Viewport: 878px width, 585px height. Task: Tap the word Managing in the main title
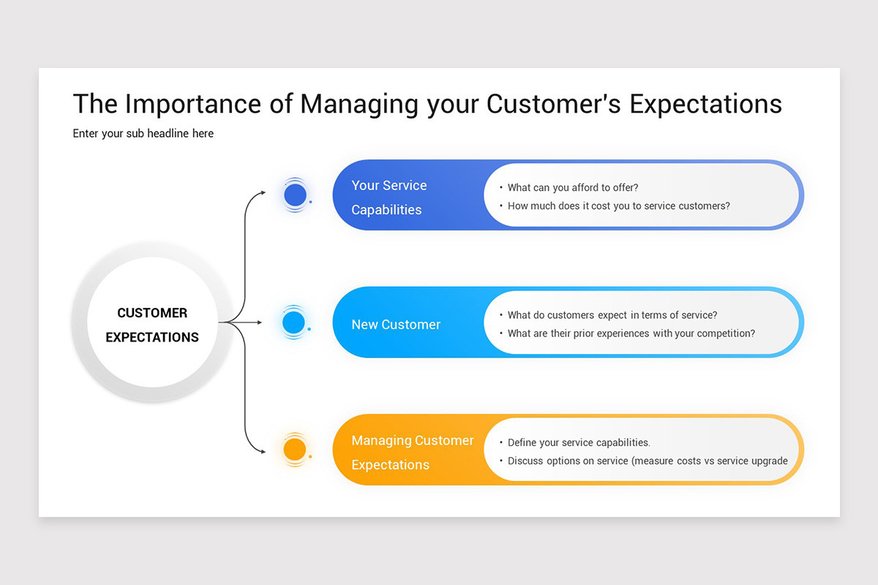(x=359, y=104)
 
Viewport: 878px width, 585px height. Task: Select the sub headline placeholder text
(x=143, y=134)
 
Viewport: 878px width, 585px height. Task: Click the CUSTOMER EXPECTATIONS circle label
(x=152, y=325)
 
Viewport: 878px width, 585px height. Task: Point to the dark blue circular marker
(x=295, y=195)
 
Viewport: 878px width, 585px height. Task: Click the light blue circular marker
(x=293, y=322)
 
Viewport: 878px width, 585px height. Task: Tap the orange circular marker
(x=294, y=449)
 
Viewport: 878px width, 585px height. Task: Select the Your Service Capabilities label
(x=388, y=197)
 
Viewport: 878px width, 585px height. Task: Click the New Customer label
(x=396, y=325)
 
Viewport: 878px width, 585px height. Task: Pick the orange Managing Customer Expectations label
(x=412, y=452)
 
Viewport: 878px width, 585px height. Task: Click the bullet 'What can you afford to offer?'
(x=573, y=188)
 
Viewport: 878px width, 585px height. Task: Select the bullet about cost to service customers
(x=618, y=206)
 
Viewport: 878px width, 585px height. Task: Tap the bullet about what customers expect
(x=612, y=315)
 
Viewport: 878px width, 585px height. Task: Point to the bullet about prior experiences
(x=631, y=333)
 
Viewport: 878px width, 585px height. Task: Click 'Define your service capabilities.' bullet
(x=578, y=442)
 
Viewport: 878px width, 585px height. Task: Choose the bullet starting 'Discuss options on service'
(x=647, y=461)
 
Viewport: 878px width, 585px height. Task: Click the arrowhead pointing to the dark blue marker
(x=263, y=193)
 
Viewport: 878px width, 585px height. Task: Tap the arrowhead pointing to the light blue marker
(x=258, y=322)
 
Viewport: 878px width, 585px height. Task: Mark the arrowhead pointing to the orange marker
(x=263, y=451)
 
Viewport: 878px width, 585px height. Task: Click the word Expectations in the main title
(x=705, y=104)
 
